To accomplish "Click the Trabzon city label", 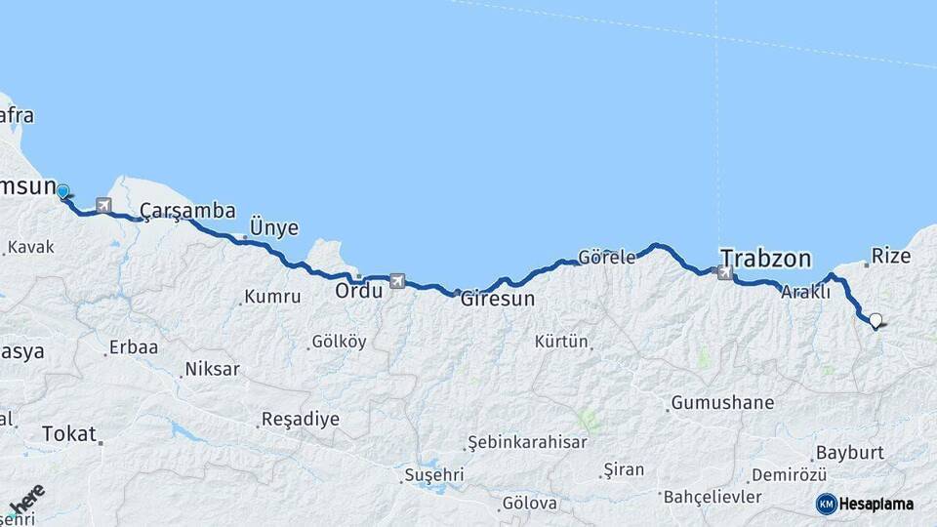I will [x=765, y=259].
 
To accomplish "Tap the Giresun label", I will [x=498, y=299].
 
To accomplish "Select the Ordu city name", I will [x=358, y=291].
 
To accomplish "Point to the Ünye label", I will [x=274, y=226].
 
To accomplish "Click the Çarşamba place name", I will [x=187, y=211].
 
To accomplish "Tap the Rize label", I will [x=890, y=256].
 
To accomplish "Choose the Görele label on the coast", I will [x=606, y=258].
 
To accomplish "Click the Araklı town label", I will [x=805, y=291].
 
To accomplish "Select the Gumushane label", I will [x=722, y=402].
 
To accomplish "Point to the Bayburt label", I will [x=849, y=453].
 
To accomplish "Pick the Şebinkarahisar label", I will [x=527, y=442].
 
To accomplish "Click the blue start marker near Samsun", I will [x=63, y=191].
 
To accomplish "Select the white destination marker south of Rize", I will [x=876, y=320].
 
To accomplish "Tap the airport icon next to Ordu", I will [x=397, y=281].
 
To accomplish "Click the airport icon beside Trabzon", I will [x=724, y=273].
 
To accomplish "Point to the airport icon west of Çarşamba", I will [x=102, y=206].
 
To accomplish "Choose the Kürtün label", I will [x=561, y=342].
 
